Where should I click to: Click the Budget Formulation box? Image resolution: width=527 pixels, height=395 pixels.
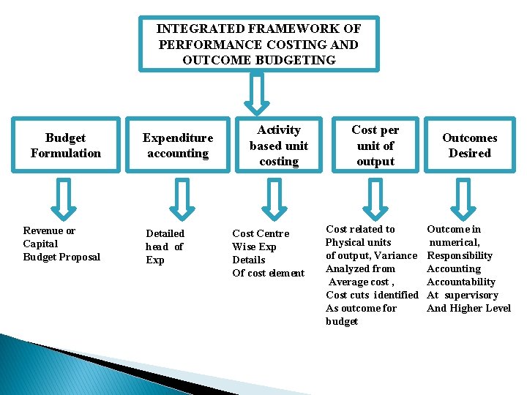tap(66, 145)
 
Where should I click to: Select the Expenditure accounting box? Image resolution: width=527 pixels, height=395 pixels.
tap(177, 145)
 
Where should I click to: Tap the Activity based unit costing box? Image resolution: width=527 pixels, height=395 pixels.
tap(278, 145)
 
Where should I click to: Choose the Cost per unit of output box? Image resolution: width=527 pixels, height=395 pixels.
tap(375, 145)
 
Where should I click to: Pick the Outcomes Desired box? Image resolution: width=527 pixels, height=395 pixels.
tap(469, 145)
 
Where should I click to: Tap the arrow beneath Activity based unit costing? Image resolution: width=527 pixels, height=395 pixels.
tap(274, 197)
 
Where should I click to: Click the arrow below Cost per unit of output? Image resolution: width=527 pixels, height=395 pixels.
tap(375, 197)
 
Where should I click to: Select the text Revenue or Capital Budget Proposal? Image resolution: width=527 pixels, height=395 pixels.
tap(61, 244)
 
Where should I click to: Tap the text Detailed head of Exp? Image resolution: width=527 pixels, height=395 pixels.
tap(165, 247)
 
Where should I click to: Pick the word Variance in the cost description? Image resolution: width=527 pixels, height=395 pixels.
tap(395, 255)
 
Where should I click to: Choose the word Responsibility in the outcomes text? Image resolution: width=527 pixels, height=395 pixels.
tap(460, 255)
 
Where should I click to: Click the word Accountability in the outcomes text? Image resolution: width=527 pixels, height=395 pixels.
tap(461, 282)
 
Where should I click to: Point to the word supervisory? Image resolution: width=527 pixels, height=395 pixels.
tap(471, 295)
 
